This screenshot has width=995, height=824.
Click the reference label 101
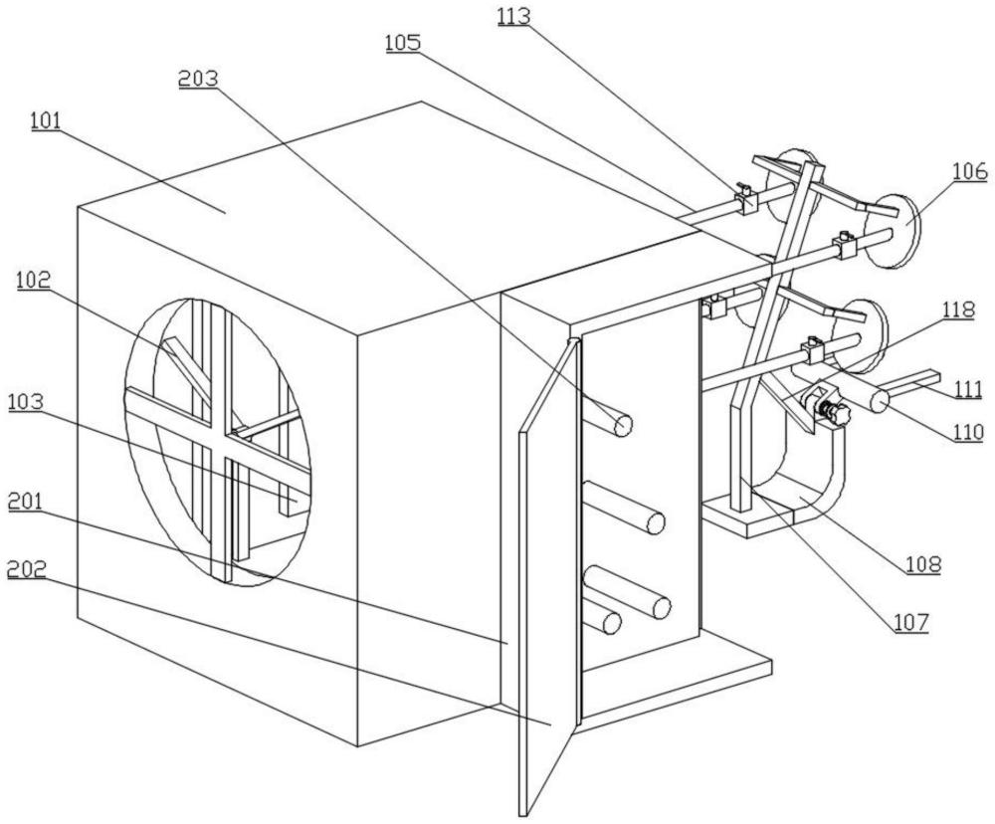pos(47,120)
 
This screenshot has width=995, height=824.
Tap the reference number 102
pos(34,280)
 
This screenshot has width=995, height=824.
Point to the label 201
pos(25,502)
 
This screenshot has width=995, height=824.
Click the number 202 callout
pos(27,570)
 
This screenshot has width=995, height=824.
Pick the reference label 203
pos(198,79)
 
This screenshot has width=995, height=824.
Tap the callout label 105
pos(402,43)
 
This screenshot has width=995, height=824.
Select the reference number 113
pos(513,16)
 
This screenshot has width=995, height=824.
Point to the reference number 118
pos(958,310)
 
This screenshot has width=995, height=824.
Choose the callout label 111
pos(968,389)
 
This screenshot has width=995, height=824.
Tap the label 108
pos(923,564)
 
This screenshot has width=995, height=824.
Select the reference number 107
pos(911,623)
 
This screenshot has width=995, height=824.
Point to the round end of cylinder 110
pos(879,401)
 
